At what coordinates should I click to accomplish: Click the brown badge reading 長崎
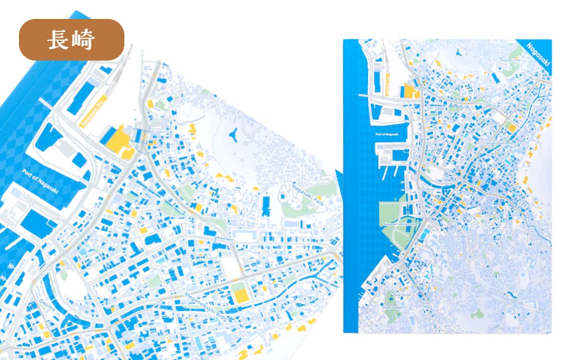coord(71,40)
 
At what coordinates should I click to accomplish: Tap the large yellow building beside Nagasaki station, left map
coord(119,140)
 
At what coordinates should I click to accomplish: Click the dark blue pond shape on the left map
coord(234,134)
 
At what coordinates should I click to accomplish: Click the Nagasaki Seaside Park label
coord(400,224)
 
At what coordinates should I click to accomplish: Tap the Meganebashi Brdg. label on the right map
coord(499,143)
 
